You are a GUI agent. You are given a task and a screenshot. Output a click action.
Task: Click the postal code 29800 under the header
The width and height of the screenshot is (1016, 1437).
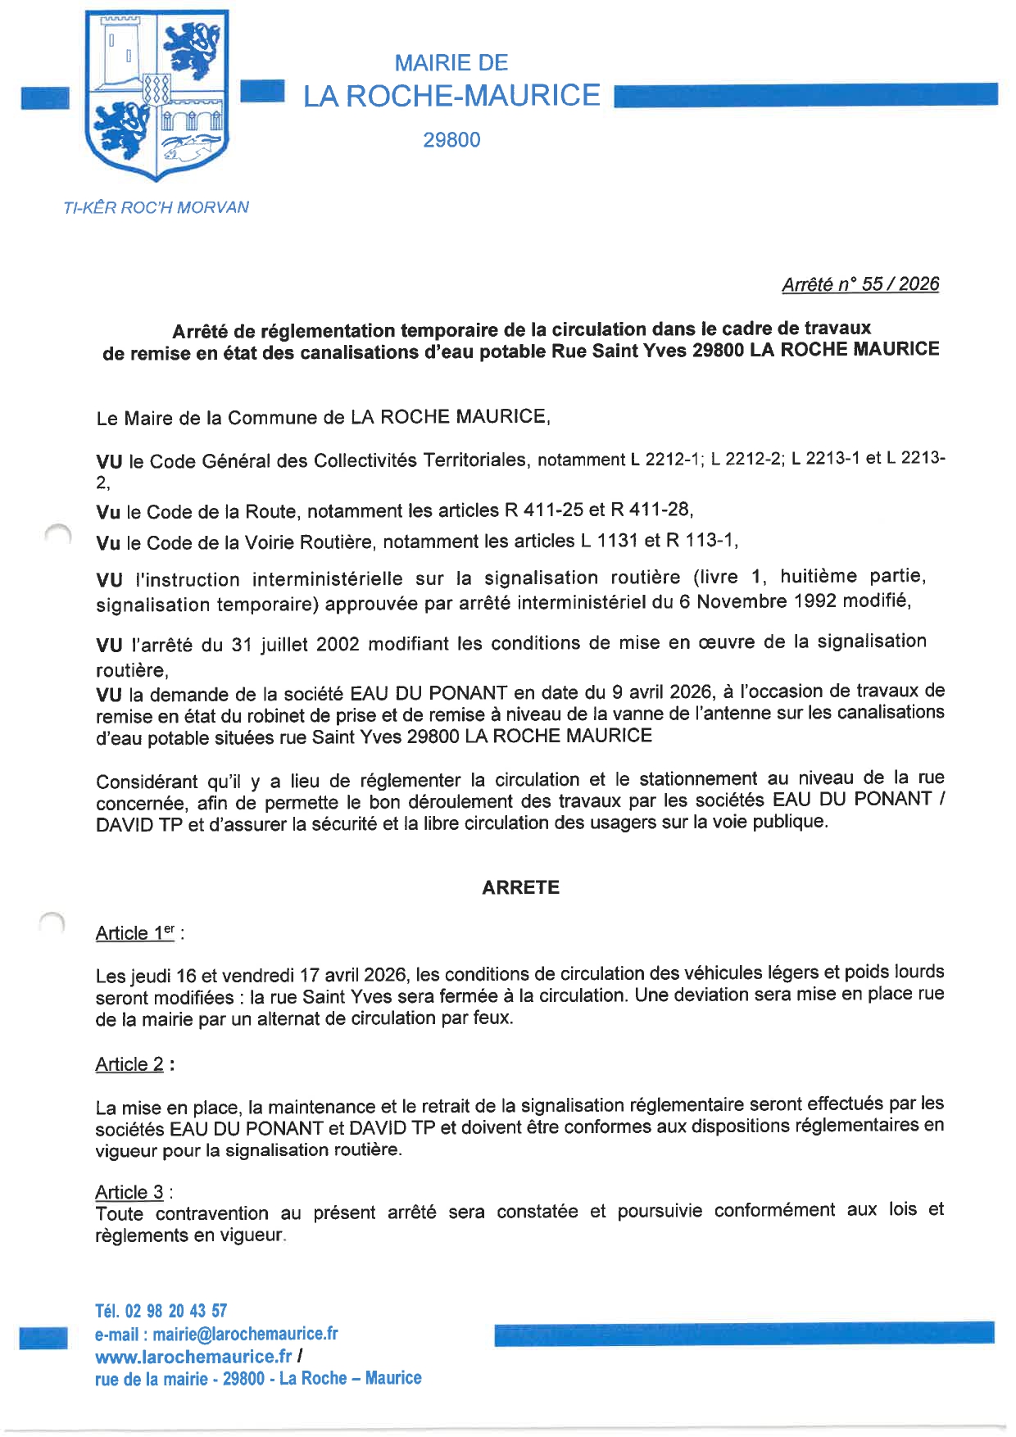pos(451,140)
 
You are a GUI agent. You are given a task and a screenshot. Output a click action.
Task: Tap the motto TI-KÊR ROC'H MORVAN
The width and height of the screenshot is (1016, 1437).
pos(156,208)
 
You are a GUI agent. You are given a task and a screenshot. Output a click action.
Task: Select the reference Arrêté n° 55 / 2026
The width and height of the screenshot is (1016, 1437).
pos(860,284)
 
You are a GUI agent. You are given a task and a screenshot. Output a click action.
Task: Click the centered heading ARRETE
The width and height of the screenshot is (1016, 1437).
pos(520,887)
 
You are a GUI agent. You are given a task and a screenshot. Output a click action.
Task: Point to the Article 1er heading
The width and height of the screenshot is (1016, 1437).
pos(136,932)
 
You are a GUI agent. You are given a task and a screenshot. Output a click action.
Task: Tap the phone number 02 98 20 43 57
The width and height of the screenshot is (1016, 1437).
pos(175,1311)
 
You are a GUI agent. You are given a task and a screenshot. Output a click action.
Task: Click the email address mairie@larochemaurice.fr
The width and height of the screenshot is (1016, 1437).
pos(245,1334)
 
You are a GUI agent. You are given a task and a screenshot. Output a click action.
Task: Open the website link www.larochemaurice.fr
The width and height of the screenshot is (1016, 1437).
pos(193,1357)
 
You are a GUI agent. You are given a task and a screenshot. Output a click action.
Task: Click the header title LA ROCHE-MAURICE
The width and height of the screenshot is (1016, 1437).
pos(451,96)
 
